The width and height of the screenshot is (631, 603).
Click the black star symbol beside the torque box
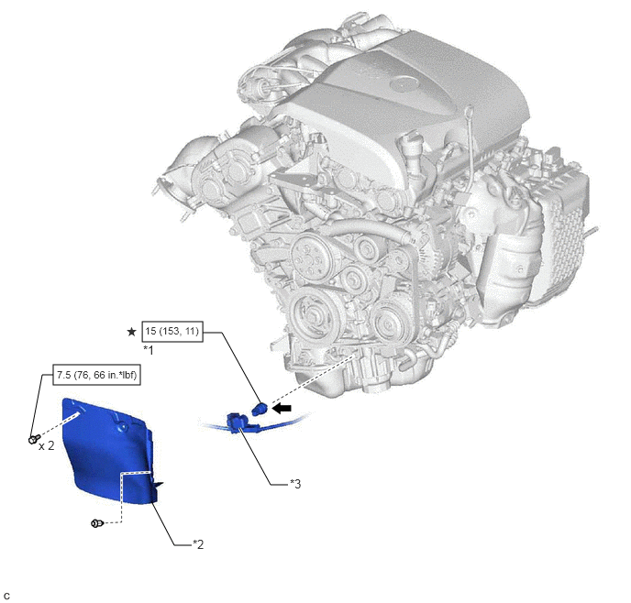(x=131, y=332)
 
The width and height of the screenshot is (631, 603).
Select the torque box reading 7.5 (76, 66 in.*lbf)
(x=96, y=375)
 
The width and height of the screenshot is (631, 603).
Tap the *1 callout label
(x=149, y=350)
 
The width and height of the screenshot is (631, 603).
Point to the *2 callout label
(x=198, y=544)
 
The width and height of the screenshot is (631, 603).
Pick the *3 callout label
(x=295, y=484)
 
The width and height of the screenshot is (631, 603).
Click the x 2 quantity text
(x=46, y=445)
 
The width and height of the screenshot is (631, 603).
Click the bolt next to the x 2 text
(x=34, y=439)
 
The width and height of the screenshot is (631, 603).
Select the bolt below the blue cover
(x=97, y=523)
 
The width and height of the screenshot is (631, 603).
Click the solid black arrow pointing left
(x=282, y=409)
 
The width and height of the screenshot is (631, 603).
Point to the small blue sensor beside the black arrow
(x=260, y=410)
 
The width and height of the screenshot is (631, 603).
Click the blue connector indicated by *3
(x=238, y=422)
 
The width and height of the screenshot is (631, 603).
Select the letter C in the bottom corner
(x=6, y=597)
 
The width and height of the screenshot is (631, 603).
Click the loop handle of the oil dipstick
(x=469, y=110)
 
